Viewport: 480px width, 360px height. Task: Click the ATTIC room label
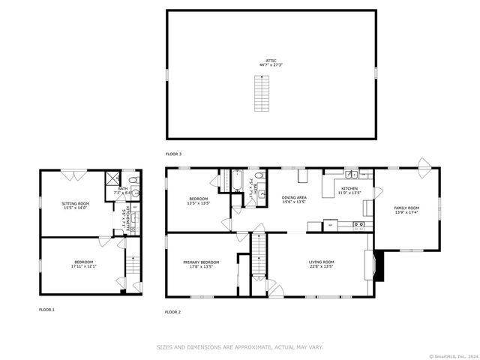[271, 60]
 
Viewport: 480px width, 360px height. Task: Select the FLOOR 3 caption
[174, 154]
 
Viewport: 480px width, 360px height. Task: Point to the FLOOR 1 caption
[46, 309]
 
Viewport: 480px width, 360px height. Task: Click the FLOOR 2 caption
[173, 311]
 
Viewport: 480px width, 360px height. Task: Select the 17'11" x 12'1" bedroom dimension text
[83, 266]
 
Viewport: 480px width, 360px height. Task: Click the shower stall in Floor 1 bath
[112, 178]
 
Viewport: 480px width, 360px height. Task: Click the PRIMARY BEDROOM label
[201, 262]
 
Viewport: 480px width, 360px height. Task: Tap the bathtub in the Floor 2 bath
[236, 181]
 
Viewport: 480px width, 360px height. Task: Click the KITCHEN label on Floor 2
[350, 188]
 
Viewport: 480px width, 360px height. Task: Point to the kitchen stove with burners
[358, 223]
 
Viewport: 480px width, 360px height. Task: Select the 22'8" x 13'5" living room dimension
[321, 266]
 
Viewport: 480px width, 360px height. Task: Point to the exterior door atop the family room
[424, 163]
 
